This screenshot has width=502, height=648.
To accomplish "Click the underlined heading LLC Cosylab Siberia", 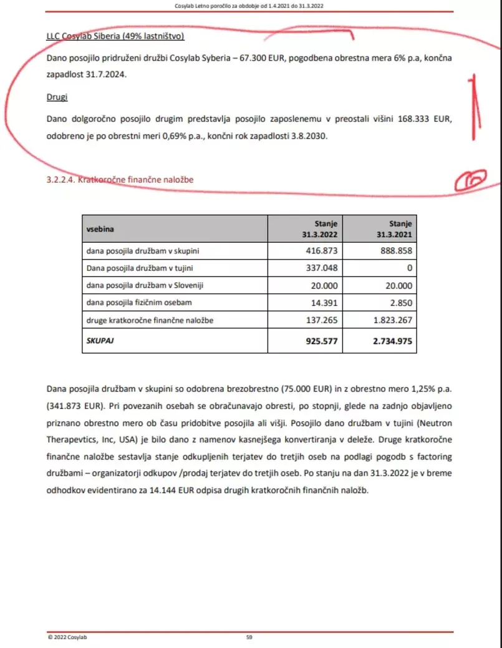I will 115,36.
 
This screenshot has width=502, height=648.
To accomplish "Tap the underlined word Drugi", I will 57,97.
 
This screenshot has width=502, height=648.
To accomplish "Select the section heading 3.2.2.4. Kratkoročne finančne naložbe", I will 120,180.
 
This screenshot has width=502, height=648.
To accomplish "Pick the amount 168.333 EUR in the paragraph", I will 418,118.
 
